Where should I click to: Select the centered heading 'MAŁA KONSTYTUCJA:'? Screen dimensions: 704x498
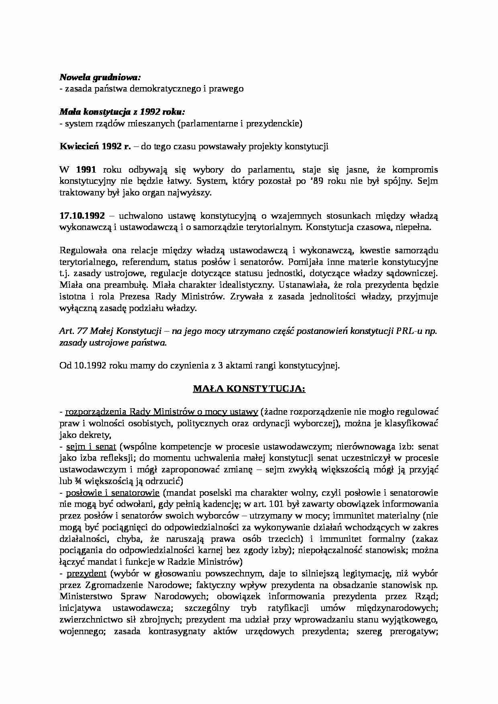click(249, 389)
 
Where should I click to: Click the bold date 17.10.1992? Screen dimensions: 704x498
click(82, 216)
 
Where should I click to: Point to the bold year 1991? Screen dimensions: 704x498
click(86, 170)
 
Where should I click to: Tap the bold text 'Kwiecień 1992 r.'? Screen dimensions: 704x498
click(95, 146)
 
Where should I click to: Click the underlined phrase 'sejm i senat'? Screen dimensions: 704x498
click(91, 446)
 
